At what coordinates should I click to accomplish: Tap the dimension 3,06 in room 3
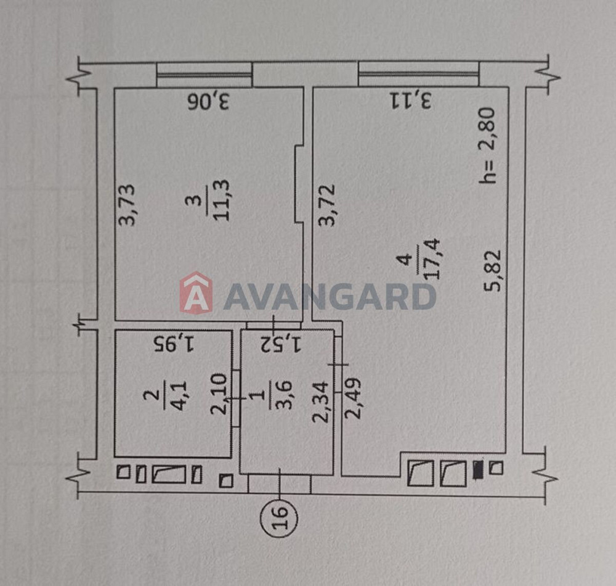(x=208, y=102)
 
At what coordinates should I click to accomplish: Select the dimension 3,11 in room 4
(x=410, y=100)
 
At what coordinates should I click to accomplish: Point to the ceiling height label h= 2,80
(x=487, y=146)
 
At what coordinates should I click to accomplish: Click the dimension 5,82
(x=493, y=270)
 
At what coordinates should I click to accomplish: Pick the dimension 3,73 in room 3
(x=127, y=205)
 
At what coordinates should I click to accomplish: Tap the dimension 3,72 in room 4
(x=327, y=205)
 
